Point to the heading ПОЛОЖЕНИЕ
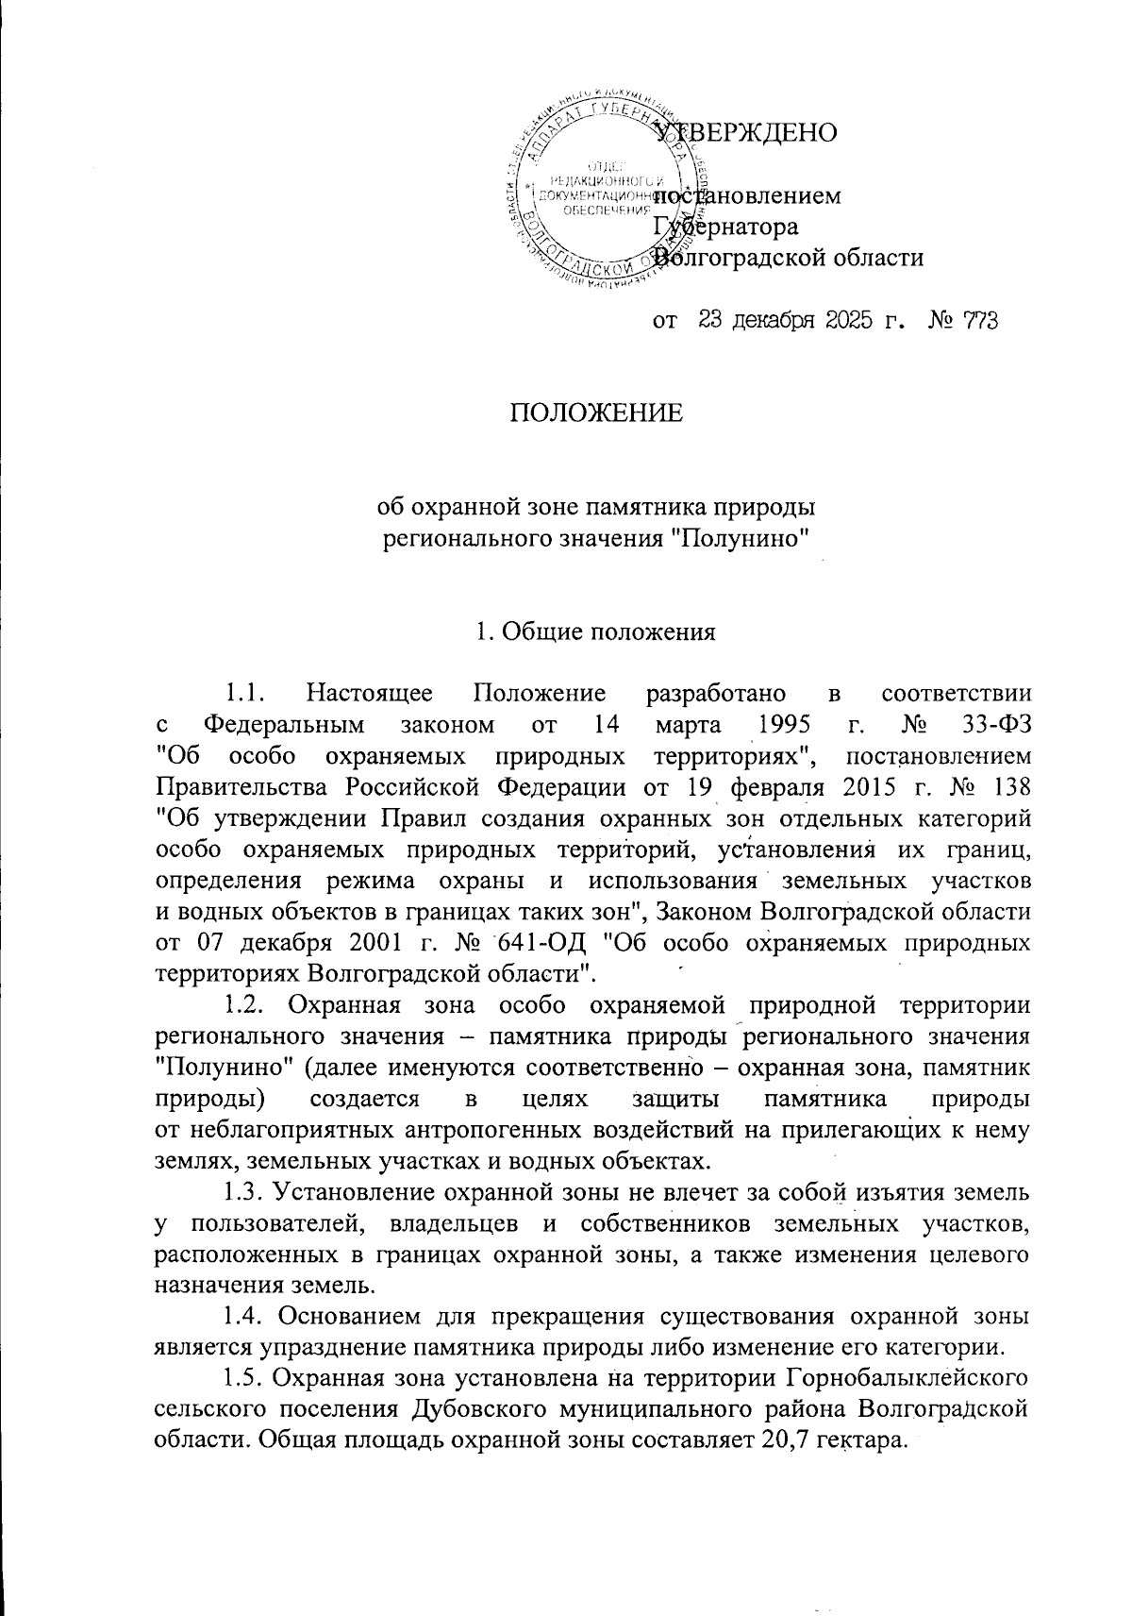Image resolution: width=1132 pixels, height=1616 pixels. [595, 414]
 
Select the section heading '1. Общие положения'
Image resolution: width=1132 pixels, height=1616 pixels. [595, 631]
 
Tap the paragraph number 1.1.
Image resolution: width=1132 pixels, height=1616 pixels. [244, 695]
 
